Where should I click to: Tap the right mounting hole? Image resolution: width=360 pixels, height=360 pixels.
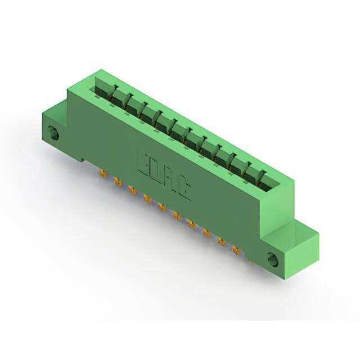273,259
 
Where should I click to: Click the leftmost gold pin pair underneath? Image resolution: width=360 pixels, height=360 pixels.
102,174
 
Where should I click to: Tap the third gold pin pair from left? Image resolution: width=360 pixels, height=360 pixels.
132,190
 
